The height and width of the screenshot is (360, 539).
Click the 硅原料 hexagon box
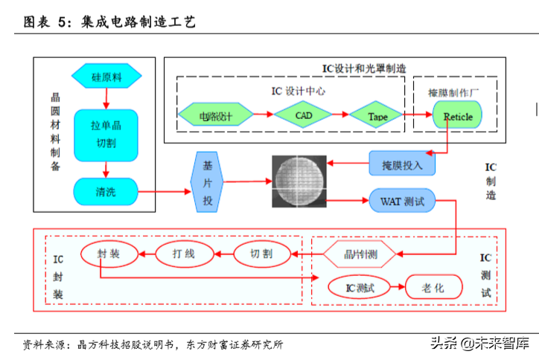pos(106,76)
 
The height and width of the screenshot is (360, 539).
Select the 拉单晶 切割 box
pos(106,134)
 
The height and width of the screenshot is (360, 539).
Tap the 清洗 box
pos(106,192)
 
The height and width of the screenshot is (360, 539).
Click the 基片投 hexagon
pos(207,181)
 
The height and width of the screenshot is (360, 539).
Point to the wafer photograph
pos(298,181)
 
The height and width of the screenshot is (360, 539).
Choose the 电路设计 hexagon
pos(215,115)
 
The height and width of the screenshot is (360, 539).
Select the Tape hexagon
pos(378,116)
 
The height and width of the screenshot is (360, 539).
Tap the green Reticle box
pos(457,116)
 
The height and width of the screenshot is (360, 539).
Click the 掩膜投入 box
pos(402,163)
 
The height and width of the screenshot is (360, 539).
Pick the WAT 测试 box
pos(402,201)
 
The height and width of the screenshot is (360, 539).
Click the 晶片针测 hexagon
pos(360,254)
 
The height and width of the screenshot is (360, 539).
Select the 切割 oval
pos(261,254)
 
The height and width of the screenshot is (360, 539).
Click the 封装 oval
pos(109,254)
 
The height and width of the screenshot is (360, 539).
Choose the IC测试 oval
pos(359,286)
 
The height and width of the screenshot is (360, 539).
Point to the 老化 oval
pos(433,286)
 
